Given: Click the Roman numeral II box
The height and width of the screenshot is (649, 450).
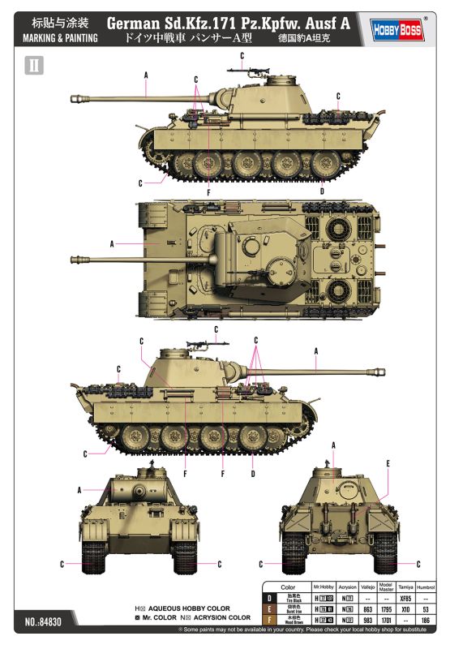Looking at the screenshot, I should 34,66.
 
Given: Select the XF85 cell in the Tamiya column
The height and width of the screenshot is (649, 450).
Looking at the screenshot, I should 406,598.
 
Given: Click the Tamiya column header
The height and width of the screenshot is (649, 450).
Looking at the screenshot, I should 406,586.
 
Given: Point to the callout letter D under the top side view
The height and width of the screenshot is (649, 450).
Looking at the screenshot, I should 322,191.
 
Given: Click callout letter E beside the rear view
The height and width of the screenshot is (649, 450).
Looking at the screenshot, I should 389,463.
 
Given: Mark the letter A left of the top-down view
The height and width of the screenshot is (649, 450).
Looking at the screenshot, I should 111,243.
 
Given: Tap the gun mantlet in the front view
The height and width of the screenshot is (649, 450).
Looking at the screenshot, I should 128,491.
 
